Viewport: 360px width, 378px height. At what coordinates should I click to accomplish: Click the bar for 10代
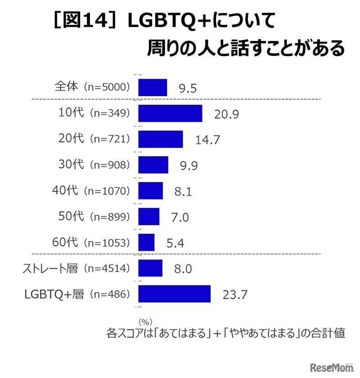tap(170, 113)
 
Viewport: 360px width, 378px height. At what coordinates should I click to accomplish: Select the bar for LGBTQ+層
tap(174, 294)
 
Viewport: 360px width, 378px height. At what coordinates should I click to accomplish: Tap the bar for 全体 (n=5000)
tap(153, 87)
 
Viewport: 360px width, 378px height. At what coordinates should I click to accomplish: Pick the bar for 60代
tap(146, 242)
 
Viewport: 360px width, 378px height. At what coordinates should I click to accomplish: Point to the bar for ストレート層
tap(150, 268)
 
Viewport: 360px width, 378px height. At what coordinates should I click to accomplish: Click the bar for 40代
tap(150, 191)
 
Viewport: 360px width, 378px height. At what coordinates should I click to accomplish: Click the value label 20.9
tap(226, 114)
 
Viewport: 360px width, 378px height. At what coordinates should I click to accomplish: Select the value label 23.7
tap(235, 295)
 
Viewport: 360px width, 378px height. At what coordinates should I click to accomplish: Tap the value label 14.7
tap(207, 140)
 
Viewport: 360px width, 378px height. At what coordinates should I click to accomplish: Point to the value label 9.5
tap(188, 88)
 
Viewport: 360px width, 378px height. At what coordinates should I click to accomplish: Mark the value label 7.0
tap(179, 218)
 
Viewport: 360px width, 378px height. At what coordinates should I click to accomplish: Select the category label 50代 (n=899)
tap(94, 217)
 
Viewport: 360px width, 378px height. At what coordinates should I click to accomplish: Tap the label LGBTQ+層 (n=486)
tap(77, 294)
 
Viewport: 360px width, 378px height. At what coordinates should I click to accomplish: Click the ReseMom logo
tap(332, 368)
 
